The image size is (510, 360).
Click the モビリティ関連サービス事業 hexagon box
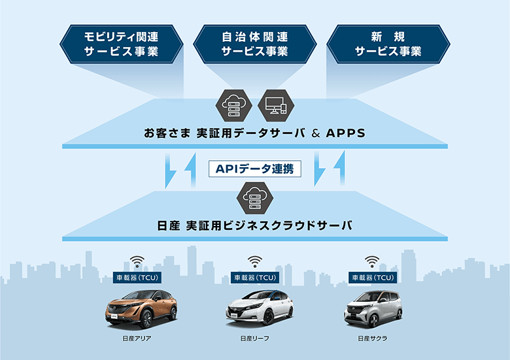click(x=121, y=44)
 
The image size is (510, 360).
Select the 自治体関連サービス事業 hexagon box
click(x=255, y=44)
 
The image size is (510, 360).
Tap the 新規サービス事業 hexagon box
click(x=388, y=44)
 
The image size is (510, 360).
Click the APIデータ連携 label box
click(x=255, y=169)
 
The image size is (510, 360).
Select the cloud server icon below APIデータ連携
click(x=255, y=195)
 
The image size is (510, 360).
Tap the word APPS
click(x=340, y=133)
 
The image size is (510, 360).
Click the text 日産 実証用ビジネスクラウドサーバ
click(x=255, y=225)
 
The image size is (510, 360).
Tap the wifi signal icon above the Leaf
click(x=254, y=262)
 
